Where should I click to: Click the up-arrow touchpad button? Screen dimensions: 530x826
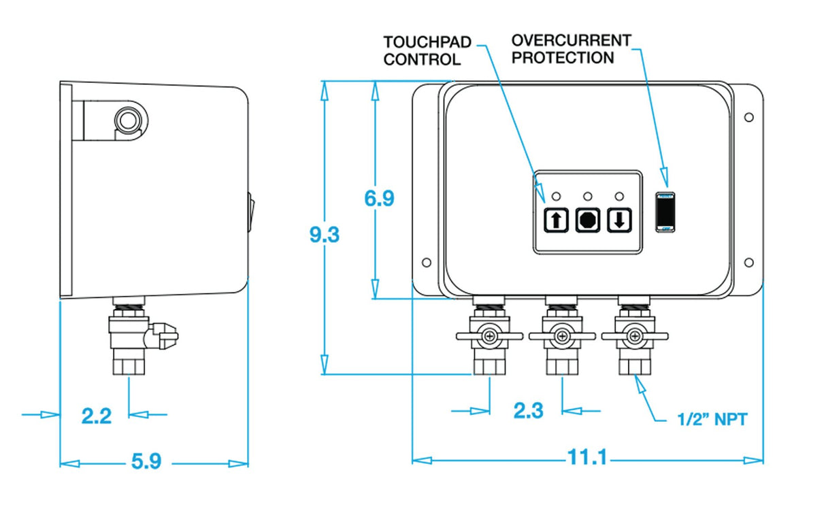555,220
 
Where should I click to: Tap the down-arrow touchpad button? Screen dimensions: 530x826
619,220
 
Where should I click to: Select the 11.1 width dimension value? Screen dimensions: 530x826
587,458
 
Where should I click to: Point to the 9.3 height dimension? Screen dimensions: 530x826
325,235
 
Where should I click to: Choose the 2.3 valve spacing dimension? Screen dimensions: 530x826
528,411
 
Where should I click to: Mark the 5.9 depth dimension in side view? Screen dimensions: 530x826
146,462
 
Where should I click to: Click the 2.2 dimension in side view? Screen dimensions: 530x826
96,415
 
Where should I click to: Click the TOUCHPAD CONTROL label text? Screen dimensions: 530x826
427,50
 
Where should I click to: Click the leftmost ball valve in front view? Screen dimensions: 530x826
489,336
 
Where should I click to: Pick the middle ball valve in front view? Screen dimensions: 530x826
562,336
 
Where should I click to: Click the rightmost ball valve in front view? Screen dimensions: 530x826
635,336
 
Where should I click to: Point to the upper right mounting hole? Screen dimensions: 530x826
748,117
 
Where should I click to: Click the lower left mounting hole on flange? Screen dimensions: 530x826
426,262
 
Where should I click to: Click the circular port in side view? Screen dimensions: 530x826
127,121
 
